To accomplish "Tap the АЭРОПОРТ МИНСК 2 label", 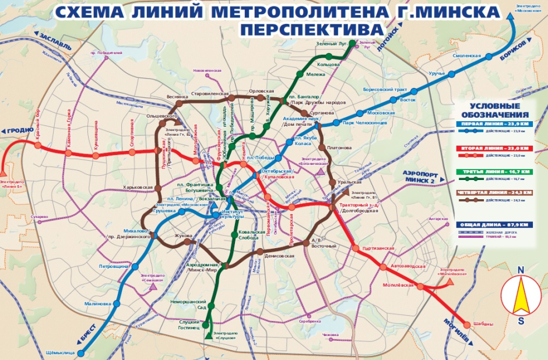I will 423,178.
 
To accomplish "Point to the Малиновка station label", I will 97,303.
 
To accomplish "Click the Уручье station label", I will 437,73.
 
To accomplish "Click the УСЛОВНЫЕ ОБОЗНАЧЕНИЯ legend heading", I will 495,110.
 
